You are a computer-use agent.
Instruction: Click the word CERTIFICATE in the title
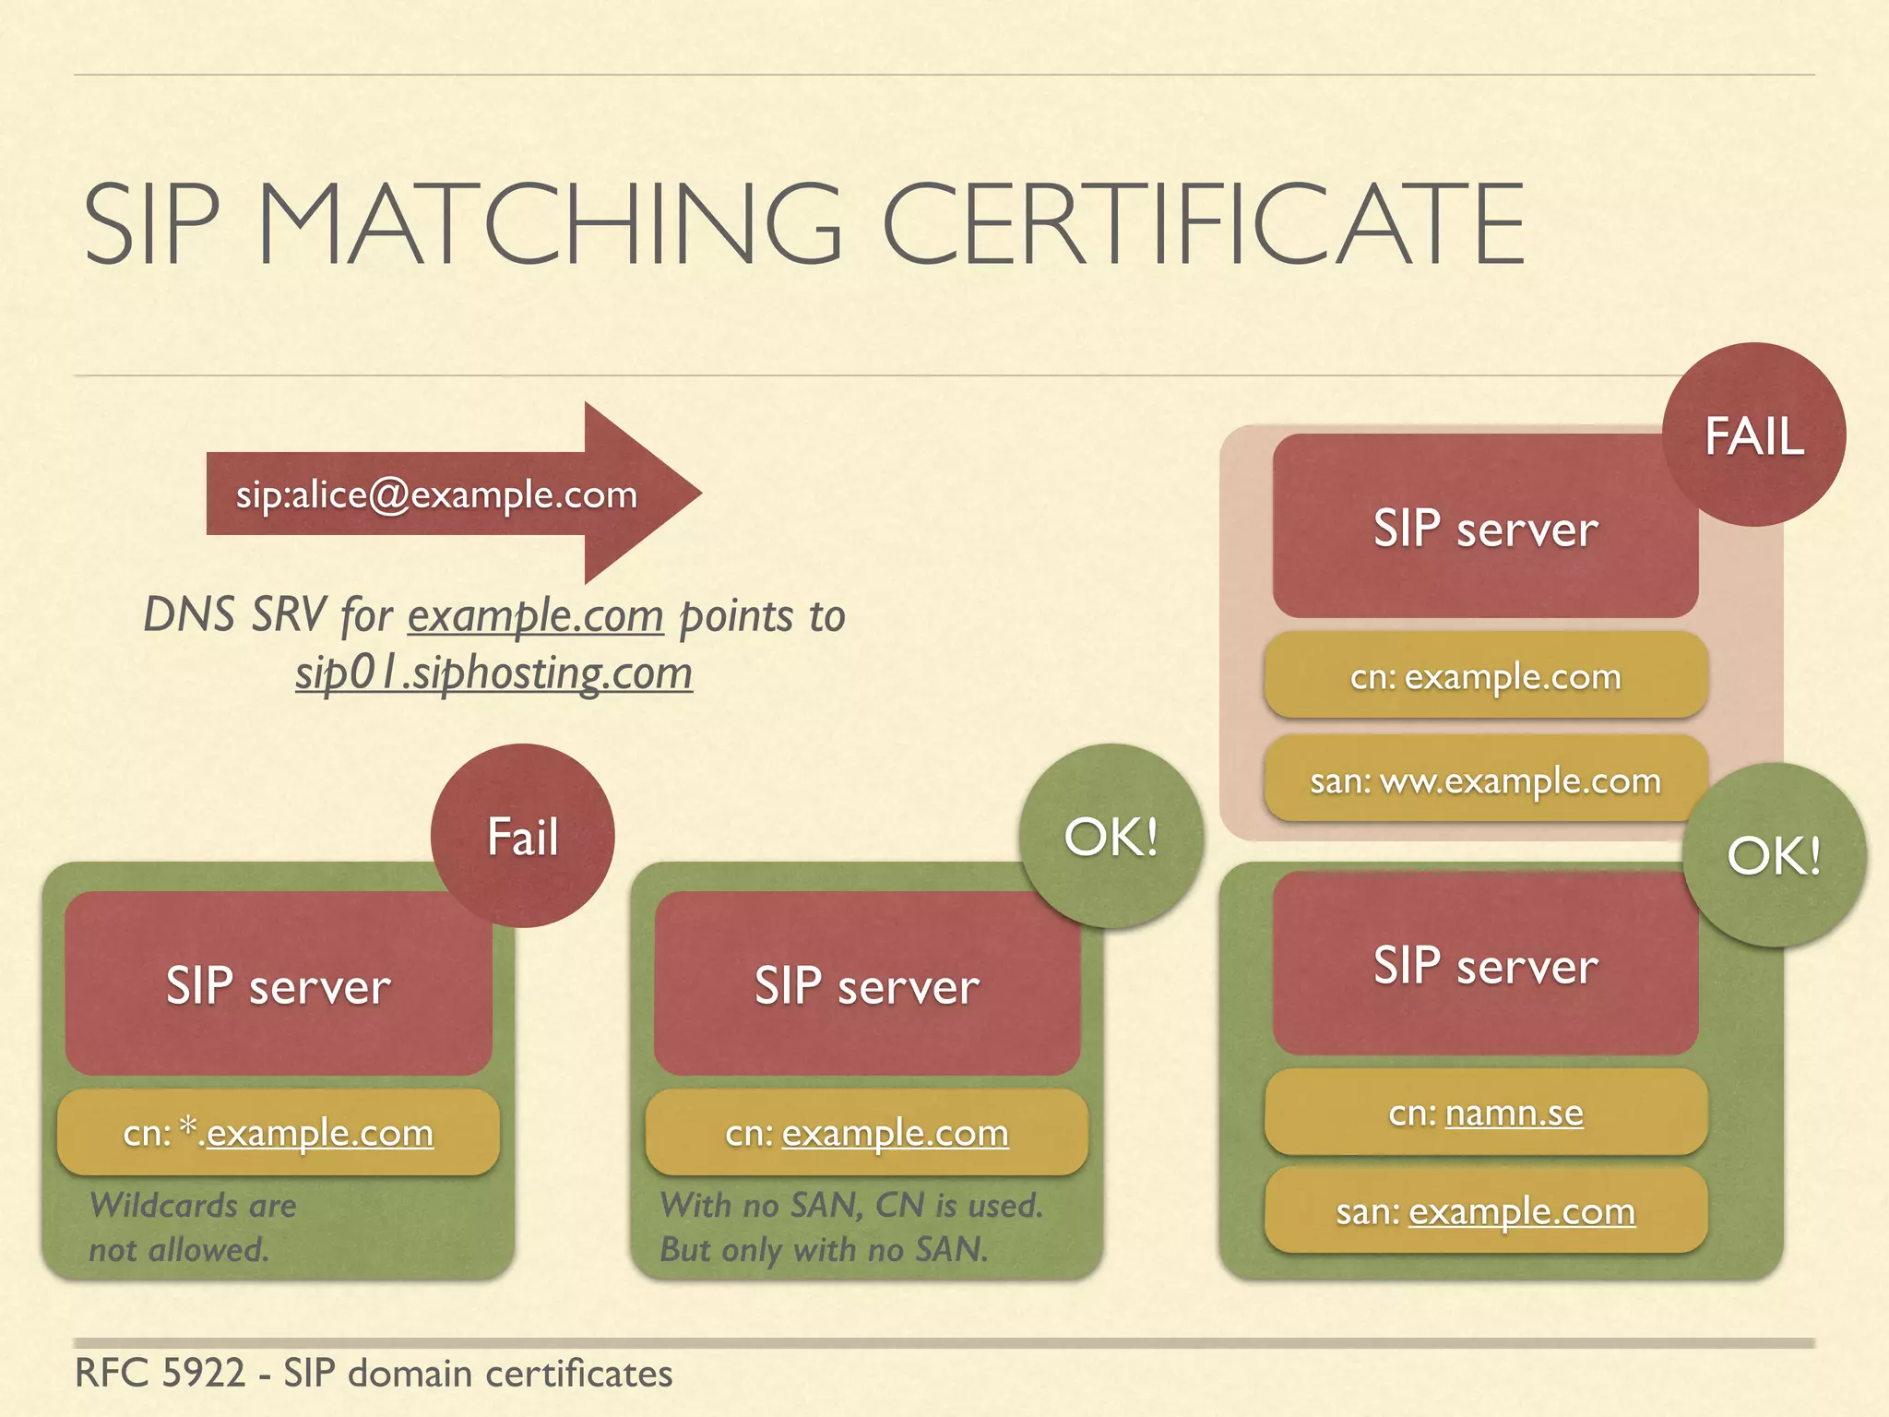[x=1205, y=224]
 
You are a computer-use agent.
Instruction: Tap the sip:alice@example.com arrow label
[x=436, y=495]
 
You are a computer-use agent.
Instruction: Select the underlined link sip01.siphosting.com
[x=493, y=673]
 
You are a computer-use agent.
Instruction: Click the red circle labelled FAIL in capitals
[x=1753, y=435]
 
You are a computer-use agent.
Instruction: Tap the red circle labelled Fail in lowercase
[x=522, y=836]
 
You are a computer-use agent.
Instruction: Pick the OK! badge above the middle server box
[x=1111, y=836]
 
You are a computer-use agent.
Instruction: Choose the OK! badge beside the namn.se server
[x=1773, y=854]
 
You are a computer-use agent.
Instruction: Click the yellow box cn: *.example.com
[x=279, y=1132]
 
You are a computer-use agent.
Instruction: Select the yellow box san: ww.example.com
[x=1485, y=780]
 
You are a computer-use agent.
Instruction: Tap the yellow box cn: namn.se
[x=1485, y=1113]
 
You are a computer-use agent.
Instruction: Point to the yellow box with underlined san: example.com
[x=1485, y=1210]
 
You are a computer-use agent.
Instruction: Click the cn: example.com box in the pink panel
[x=1485, y=676]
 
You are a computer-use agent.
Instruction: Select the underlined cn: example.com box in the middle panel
[x=867, y=1132]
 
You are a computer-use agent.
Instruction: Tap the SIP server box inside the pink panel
[x=1485, y=528]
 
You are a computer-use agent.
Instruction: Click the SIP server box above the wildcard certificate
[x=279, y=984]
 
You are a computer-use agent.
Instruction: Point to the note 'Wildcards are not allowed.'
[x=192, y=1227]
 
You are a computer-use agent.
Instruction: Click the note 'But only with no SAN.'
[x=824, y=1250]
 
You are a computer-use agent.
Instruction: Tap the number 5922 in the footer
[x=203, y=1374]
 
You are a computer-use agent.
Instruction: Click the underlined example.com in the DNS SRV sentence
[x=536, y=615]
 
